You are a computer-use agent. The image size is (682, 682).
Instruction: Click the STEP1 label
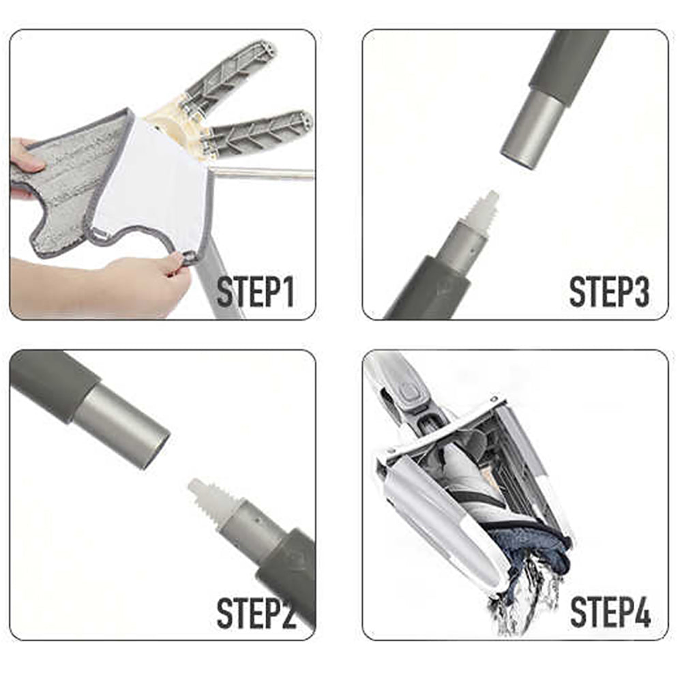[256, 291]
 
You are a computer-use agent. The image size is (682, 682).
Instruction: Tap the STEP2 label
[256, 612]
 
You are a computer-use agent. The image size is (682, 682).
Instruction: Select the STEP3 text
[608, 291]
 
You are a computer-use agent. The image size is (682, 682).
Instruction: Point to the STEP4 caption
[610, 612]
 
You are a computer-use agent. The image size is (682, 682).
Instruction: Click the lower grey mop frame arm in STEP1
[259, 133]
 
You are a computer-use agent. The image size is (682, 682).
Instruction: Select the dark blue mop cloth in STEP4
[532, 546]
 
